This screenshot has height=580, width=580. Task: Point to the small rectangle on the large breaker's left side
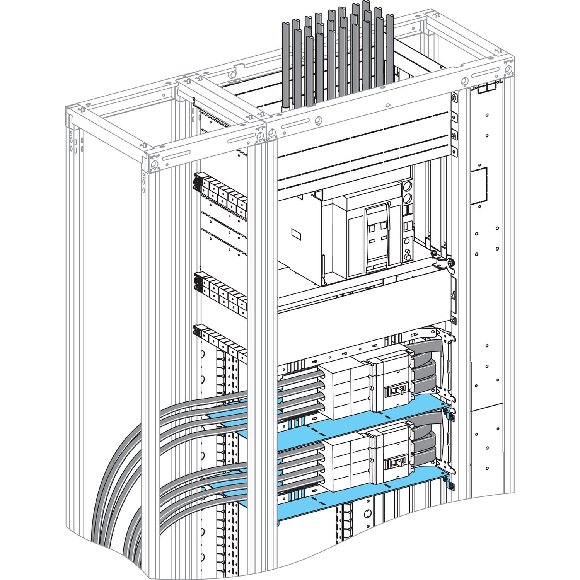pyautogui.click(x=297, y=233)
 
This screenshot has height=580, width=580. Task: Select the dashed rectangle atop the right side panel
pyautogui.click(x=486, y=90)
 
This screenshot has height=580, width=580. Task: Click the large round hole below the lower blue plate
pyautogui.click(x=368, y=514)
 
